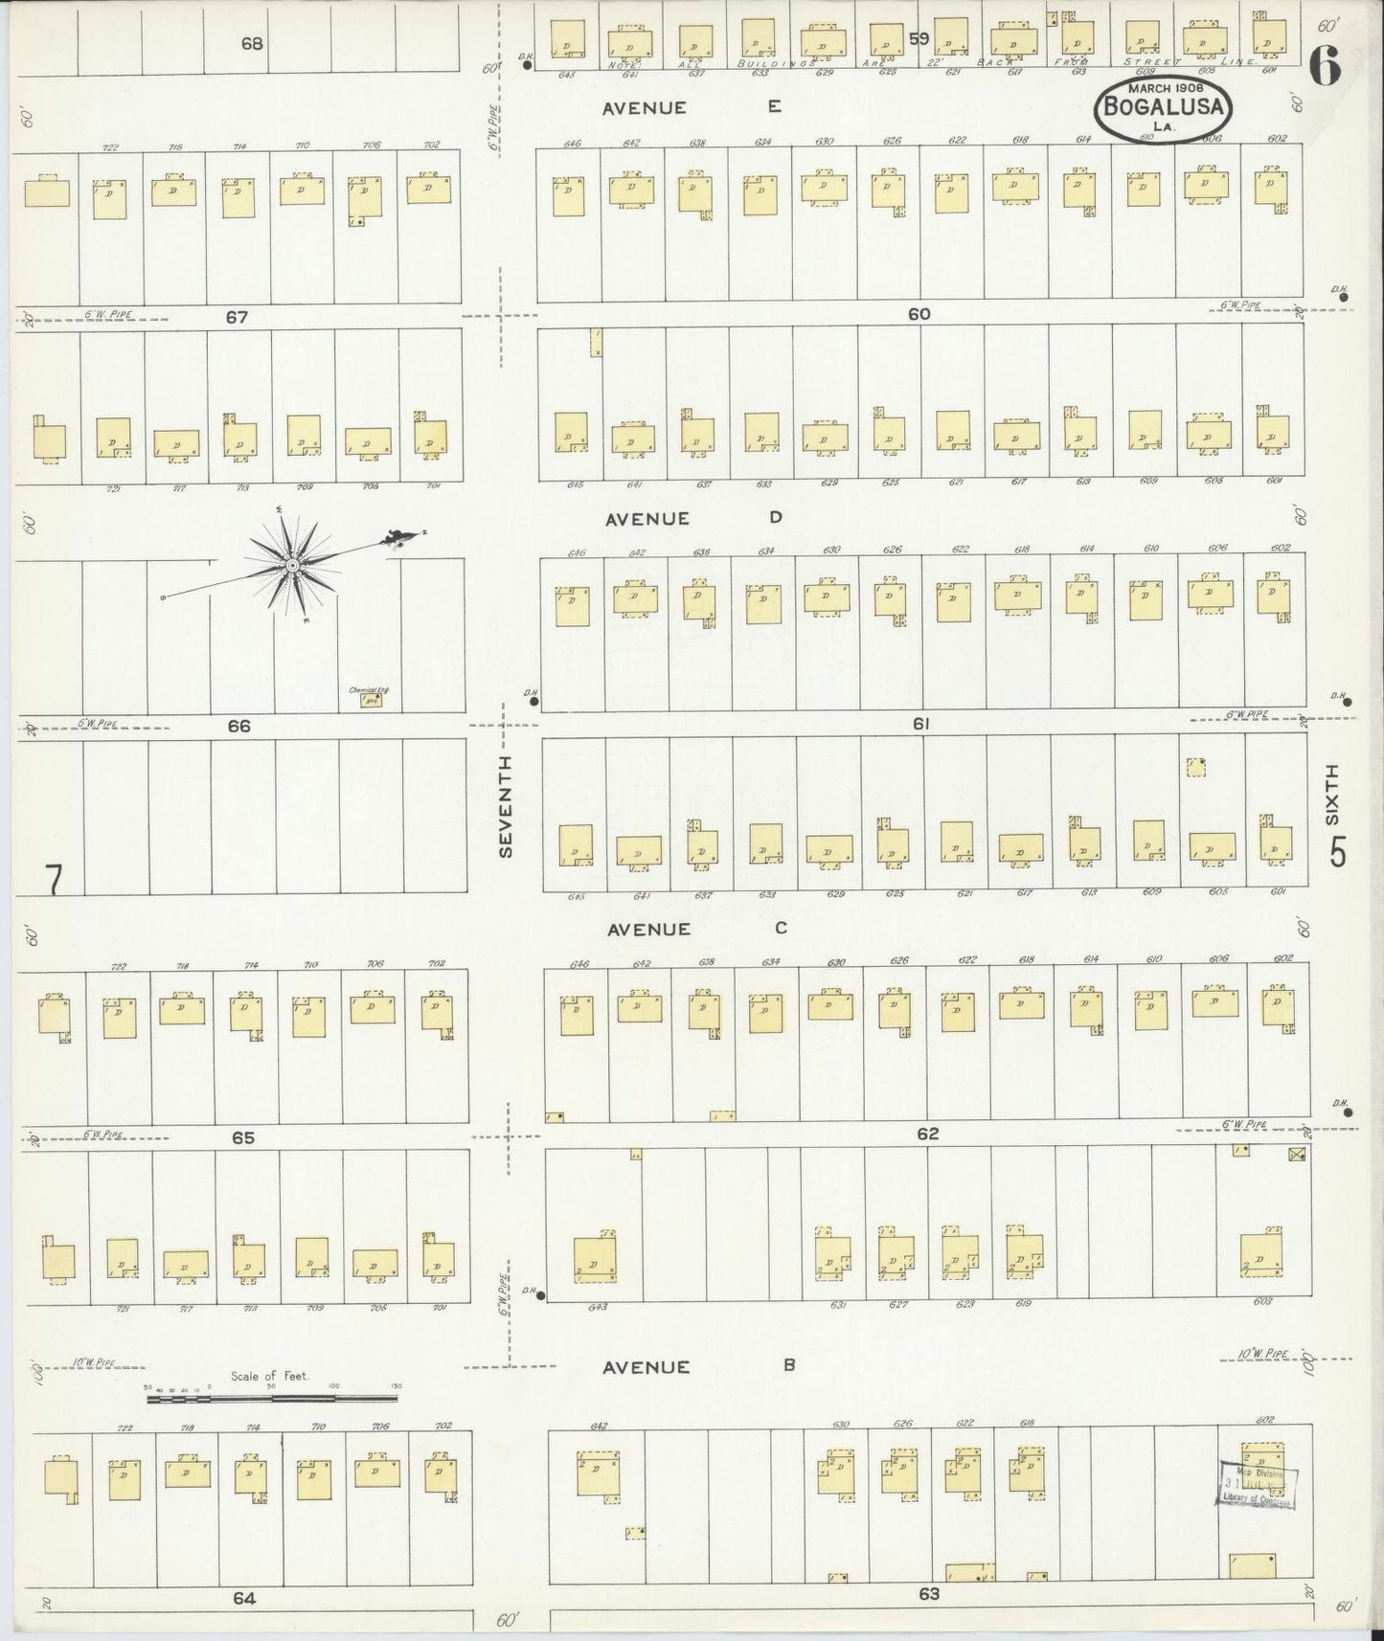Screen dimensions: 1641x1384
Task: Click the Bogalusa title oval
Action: [1163, 107]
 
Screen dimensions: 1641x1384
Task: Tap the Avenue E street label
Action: [691, 108]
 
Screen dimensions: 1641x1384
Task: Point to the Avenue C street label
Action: [694, 929]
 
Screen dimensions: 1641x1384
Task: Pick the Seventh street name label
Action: [506, 805]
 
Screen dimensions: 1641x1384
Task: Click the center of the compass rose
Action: [290, 567]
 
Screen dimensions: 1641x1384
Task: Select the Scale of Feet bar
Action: [273, 1399]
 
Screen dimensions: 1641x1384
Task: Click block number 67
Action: [237, 317]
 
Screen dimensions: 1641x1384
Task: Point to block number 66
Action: [238, 727]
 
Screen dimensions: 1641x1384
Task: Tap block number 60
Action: [919, 314]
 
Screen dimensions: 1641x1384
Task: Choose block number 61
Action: [920, 725]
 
